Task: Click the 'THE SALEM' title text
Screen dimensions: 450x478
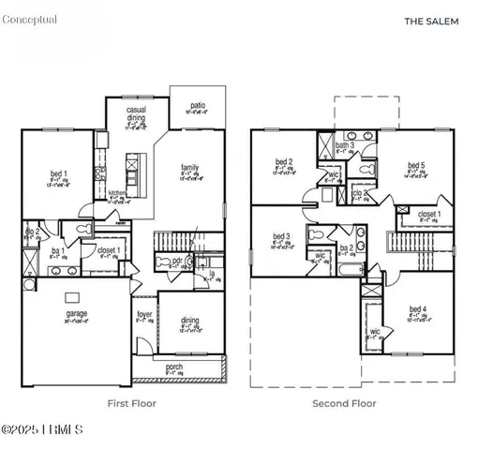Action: (x=431, y=21)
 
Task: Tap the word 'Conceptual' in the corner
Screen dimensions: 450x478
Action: (x=30, y=20)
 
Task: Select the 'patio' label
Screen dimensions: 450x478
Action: (x=198, y=106)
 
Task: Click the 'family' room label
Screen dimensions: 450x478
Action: (x=190, y=168)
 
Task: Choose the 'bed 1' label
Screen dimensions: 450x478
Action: (x=58, y=173)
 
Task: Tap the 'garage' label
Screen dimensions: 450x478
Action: (x=76, y=313)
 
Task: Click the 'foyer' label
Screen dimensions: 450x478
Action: (x=144, y=314)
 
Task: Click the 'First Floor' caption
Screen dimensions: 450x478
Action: (x=131, y=404)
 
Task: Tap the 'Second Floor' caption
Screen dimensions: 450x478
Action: (x=344, y=404)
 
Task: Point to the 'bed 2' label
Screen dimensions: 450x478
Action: (x=285, y=160)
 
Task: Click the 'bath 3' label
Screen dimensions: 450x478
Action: (x=345, y=145)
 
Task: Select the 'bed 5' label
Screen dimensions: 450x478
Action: (x=416, y=166)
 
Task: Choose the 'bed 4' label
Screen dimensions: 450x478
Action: (x=418, y=309)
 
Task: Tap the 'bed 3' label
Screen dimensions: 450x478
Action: (x=281, y=236)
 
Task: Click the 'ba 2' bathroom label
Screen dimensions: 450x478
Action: (x=346, y=247)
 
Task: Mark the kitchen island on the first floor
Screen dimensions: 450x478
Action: (x=131, y=172)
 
